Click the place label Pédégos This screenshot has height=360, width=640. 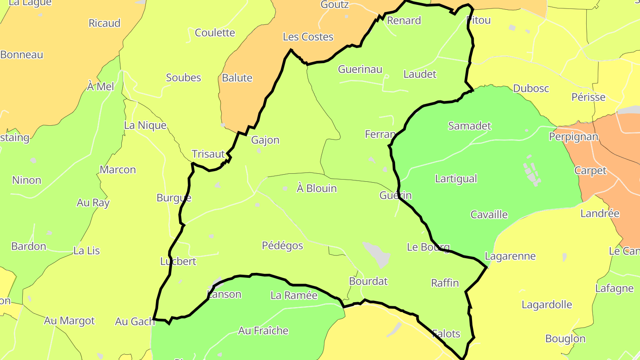point(282,246)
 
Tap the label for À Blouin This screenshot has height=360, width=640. point(316,188)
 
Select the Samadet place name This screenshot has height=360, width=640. point(469,126)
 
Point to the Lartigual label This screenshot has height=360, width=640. point(456,179)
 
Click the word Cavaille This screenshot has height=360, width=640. point(489,215)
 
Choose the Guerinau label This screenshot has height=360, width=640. point(360,69)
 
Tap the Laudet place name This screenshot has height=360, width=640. point(420,74)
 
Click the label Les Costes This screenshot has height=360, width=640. point(308,37)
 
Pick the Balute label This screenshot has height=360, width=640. point(237,78)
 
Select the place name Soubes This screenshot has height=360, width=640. point(184,78)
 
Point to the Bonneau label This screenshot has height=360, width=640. point(22,55)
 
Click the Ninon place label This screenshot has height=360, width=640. point(27,180)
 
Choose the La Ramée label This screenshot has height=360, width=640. point(294,296)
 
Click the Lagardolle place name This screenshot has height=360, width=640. point(547,305)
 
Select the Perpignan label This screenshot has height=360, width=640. point(573,136)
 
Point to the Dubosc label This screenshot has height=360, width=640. point(531,88)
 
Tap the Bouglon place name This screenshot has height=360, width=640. point(565,339)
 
